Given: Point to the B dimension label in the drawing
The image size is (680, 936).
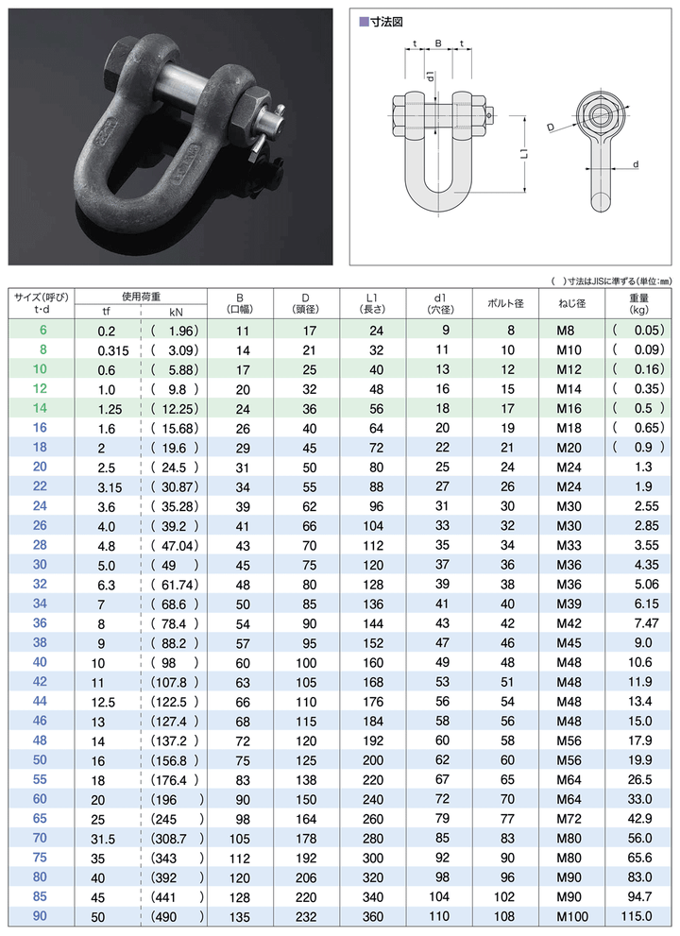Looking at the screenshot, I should click(437, 43).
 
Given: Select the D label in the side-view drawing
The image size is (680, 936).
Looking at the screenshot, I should click(549, 124).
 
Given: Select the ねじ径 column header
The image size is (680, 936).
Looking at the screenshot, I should click(573, 304).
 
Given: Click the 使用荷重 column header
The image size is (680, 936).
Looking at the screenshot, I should click(141, 296).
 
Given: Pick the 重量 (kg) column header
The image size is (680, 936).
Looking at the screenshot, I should click(638, 303).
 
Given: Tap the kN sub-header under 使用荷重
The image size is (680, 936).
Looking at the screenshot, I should click(176, 312).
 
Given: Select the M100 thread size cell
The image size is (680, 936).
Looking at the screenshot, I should click(572, 915).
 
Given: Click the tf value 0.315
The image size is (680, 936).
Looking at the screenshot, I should click(114, 349).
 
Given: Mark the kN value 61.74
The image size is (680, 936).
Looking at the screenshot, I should click(175, 585).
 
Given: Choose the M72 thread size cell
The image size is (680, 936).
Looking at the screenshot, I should click(572, 817).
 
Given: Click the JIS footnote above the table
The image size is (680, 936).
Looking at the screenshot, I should click(609, 281).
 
